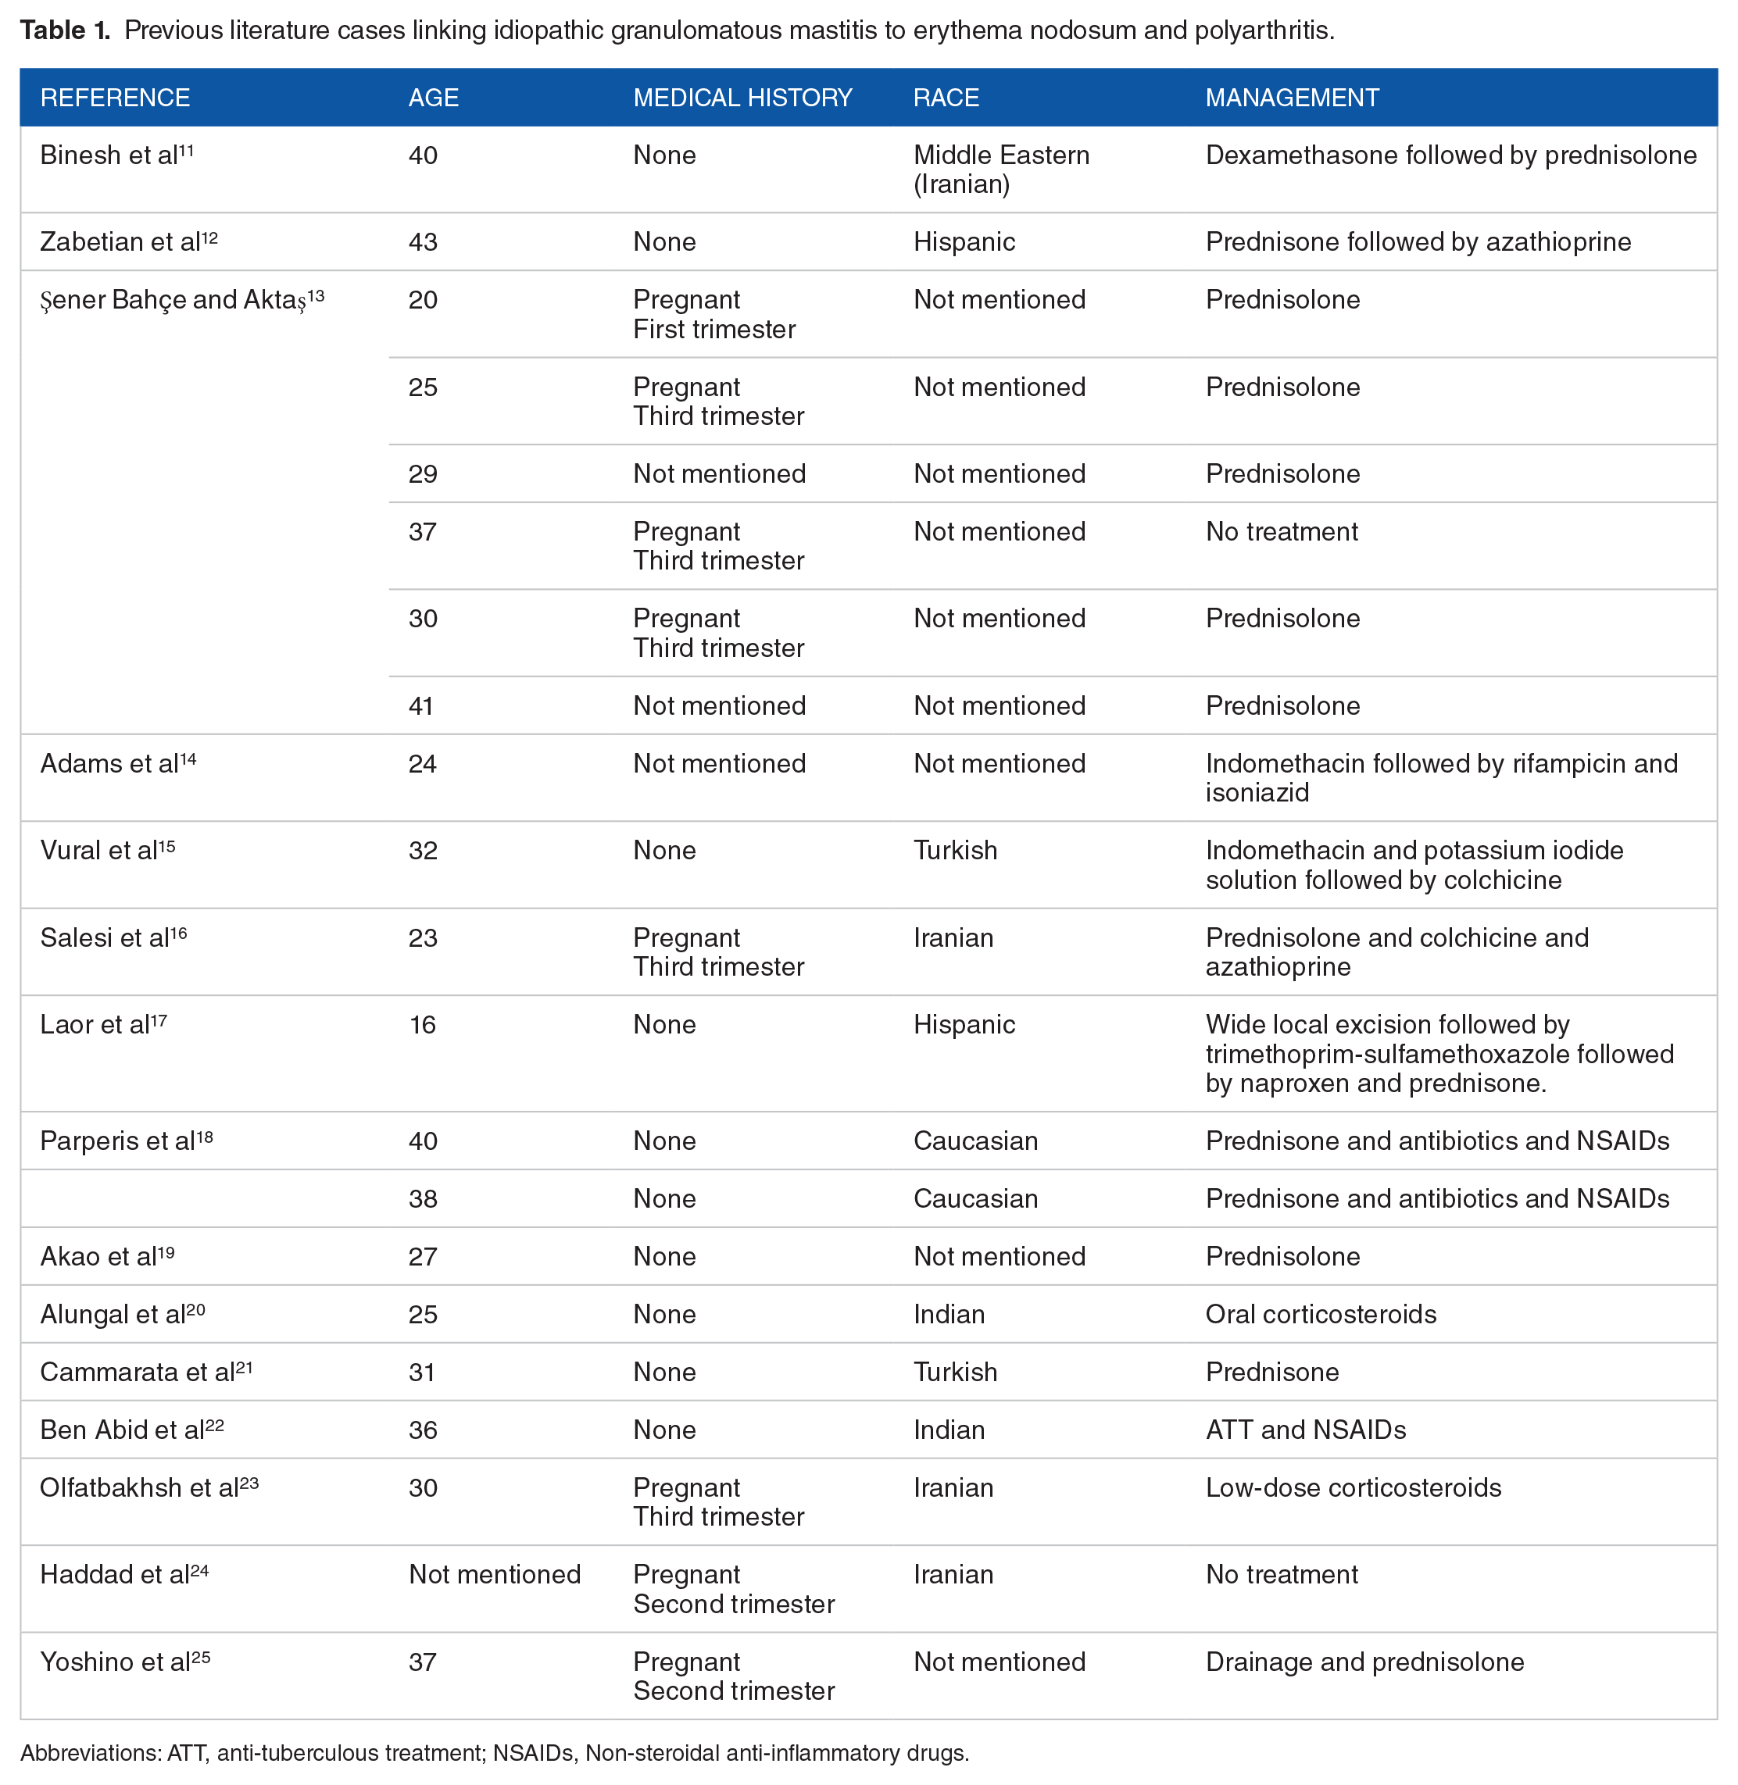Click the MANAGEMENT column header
click(1292, 98)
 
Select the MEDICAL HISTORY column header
click(742, 98)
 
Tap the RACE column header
click(946, 98)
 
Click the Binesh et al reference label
click(116, 155)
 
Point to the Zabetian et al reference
click(128, 242)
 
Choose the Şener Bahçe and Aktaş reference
click(181, 300)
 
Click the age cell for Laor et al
click(422, 1025)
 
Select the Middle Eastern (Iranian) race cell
click(1000, 170)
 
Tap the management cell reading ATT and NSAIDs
click(1305, 1430)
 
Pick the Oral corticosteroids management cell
click(1320, 1314)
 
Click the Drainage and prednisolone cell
click(1364, 1662)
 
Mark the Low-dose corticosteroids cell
click(1353, 1487)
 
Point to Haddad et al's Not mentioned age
click(494, 1574)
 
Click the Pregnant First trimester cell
click(713, 315)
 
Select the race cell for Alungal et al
click(949, 1314)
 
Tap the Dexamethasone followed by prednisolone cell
click(1450, 155)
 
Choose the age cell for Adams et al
click(422, 764)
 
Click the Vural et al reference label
click(107, 851)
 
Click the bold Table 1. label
click(65, 31)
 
